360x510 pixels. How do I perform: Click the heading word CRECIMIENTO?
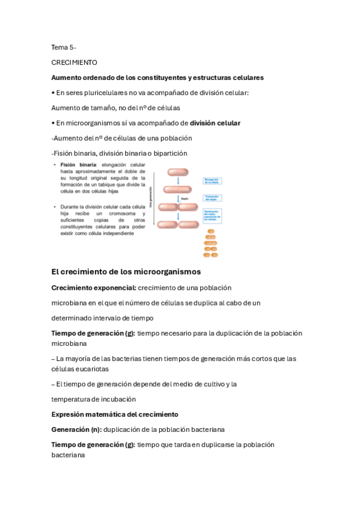(x=74, y=62)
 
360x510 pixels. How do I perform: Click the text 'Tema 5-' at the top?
(x=64, y=47)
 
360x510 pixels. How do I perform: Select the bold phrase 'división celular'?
(x=215, y=123)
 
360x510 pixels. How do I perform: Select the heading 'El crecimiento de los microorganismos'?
(x=126, y=272)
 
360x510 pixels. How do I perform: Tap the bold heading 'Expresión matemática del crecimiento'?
(x=115, y=414)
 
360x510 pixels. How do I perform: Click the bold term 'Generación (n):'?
(x=76, y=429)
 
